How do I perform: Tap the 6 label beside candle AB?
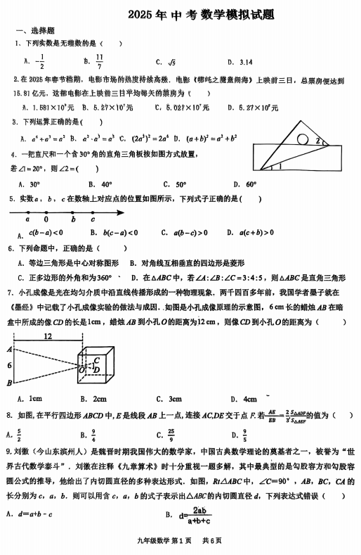point(8,366)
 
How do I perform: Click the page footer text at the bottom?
point(180,540)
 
